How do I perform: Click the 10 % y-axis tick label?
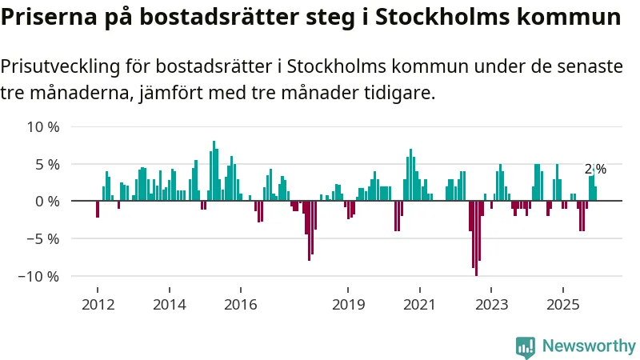tap(43, 126)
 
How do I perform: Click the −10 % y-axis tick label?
tap(39, 276)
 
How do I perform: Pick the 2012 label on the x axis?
tap(98, 305)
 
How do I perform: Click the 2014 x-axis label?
tap(169, 305)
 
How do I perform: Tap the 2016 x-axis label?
tap(240, 305)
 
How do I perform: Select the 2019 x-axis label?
tap(348, 305)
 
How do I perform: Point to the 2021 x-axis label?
tap(419, 305)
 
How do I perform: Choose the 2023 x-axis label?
tap(490, 305)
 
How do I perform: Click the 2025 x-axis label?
tap(562, 305)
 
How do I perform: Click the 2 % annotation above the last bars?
tap(595, 169)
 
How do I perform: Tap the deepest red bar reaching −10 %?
tap(476, 238)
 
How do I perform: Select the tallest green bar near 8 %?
tap(214, 171)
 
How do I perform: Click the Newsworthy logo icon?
tap(526, 346)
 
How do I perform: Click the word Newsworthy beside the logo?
tap(589, 346)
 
